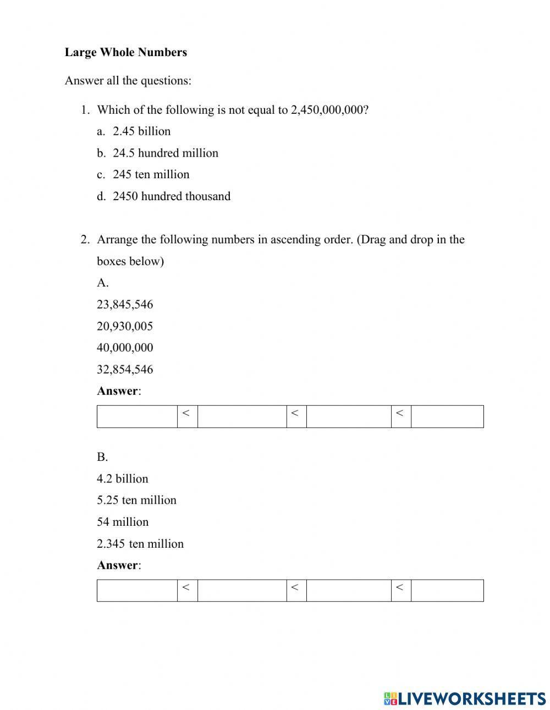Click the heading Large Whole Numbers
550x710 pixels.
coord(125,52)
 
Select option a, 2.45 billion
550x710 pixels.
coord(141,131)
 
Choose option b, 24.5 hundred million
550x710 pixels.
coord(165,153)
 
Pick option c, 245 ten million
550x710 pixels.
coord(151,174)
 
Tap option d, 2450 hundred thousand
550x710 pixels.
coord(171,196)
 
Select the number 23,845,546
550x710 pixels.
coord(125,305)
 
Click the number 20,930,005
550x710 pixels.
coord(125,326)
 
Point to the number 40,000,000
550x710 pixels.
coord(125,348)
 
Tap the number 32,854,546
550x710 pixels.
coord(125,370)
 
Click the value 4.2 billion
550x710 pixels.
coord(123,478)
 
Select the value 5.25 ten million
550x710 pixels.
coord(136,500)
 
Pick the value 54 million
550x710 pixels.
coord(123,522)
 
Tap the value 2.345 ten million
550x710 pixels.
coord(140,544)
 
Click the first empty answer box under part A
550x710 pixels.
coord(137,416)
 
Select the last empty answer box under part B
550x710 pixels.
coord(447,590)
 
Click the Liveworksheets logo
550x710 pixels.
coord(464,698)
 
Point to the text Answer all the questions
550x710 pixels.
coord(128,81)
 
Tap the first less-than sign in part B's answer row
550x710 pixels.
coord(186,587)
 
